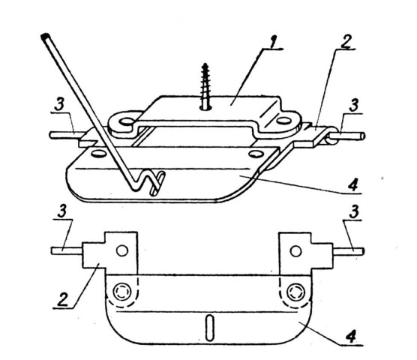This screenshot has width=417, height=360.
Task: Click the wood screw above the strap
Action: click(205, 85)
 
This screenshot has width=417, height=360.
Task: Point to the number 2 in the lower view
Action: click(63, 300)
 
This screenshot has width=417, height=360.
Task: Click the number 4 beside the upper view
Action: click(353, 185)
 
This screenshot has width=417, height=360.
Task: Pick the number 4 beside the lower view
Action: click(351, 337)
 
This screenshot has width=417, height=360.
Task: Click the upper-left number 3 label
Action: click(59, 105)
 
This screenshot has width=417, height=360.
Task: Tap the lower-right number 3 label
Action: click(354, 212)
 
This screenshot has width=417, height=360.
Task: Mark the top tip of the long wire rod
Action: click(45, 36)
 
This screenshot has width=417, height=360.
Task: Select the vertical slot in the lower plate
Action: click(209, 328)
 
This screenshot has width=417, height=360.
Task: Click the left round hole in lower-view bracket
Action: click(122, 250)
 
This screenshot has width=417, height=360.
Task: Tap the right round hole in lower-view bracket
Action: click(295, 251)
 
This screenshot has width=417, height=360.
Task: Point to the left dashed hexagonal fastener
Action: click(122, 292)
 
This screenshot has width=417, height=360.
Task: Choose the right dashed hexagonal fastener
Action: click(295, 292)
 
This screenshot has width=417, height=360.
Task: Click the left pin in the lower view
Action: click(67, 250)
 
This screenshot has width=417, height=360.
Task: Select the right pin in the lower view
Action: click(349, 251)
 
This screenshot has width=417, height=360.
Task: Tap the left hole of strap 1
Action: click(127, 122)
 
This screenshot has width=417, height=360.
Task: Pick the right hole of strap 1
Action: click(284, 121)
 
